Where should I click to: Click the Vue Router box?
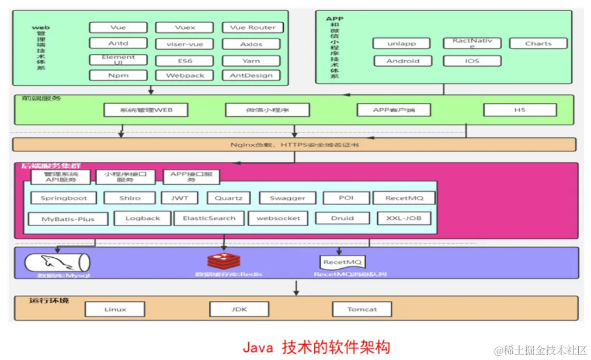(252, 27)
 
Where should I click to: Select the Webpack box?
(185, 75)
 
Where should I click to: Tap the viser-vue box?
(185, 44)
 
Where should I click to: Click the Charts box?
(538, 43)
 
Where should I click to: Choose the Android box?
(402, 61)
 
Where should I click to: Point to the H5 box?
(520, 110)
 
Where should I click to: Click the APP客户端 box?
(393, 110)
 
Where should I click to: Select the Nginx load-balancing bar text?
(294, 144)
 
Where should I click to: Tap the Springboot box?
(64, 198)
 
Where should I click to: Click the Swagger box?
(287, 198)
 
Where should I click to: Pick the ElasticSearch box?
(208, 219)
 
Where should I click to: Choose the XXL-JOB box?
(404, 219)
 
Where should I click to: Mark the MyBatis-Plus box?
(68, 220)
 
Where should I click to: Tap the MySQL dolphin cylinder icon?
(57, 261)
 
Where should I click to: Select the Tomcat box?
(362, 309)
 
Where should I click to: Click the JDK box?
(239, 309)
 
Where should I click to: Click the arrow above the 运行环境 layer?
(297, 288)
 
